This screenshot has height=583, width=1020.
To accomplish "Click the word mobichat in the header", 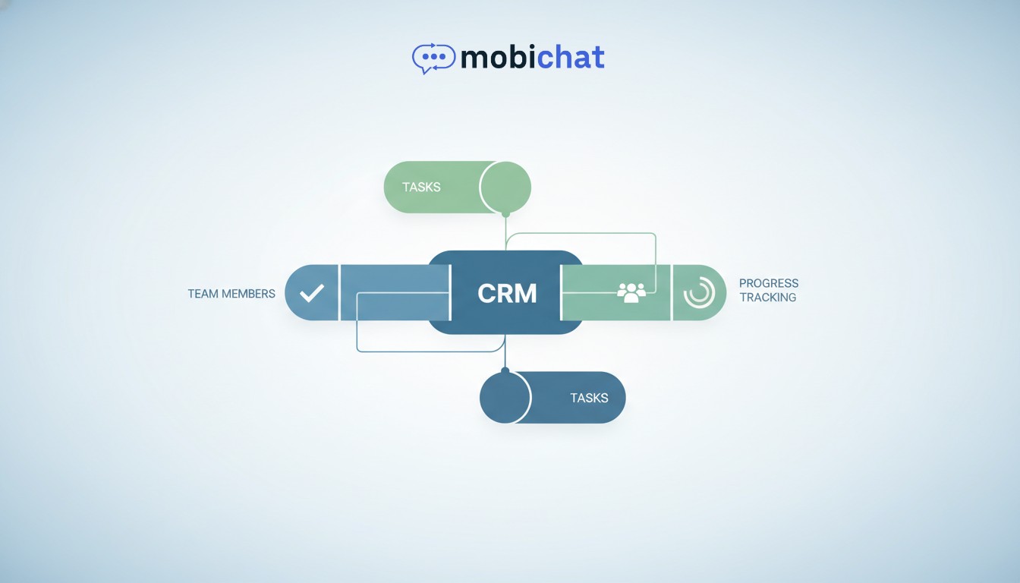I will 532,57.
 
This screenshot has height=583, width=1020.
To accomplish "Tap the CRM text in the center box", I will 507,293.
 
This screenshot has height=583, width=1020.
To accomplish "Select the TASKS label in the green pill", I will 421,187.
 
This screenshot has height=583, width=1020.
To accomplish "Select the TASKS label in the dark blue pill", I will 590,397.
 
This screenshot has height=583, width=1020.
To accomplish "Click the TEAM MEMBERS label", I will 231,294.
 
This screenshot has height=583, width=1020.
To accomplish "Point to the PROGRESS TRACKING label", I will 768,291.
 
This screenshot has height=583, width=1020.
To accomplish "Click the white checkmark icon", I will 312,293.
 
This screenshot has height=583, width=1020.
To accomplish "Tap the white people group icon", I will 631,292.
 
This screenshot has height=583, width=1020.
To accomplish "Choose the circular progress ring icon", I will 699,293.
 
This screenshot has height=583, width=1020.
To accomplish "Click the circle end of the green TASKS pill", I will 505,187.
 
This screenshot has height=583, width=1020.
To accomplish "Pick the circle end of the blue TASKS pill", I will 505,397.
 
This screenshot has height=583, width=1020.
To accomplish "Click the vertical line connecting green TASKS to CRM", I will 505,232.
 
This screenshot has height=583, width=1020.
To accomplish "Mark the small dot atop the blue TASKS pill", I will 505,370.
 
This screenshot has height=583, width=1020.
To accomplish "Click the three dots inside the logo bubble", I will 433,56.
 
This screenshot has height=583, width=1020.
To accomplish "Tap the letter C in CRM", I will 486,293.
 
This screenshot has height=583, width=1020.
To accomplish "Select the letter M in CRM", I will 526,293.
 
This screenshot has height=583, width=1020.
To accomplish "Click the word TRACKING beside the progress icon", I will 768,298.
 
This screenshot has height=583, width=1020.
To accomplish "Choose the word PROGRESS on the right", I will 769,283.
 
